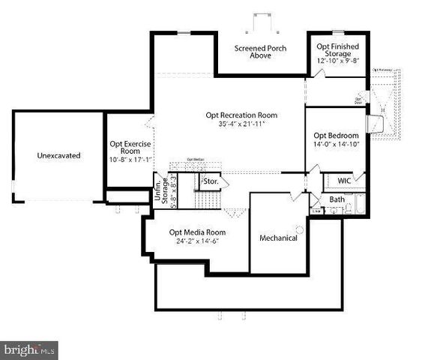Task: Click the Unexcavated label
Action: [x=58, y=156]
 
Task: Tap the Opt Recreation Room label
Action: [x=242, y=115]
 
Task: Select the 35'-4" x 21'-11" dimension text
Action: [x=242, y=124]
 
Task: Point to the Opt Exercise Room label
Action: [x=125, y=146]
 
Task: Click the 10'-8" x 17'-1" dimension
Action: [x=125, y=159]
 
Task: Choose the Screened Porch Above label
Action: [x=261, y=52]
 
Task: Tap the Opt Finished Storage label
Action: [x=337, y=50]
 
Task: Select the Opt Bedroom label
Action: [x=336, y=136]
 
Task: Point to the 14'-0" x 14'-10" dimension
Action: [x=336, y=145]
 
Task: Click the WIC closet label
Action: [x=344, y=181]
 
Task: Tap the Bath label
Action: [x=337, y=199]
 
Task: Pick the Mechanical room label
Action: [x=278, y=238]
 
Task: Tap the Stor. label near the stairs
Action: [x=211, y=181]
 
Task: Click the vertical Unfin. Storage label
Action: [x=161, y=191]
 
